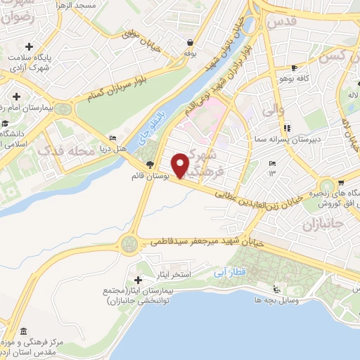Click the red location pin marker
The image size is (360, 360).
point(181,165)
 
